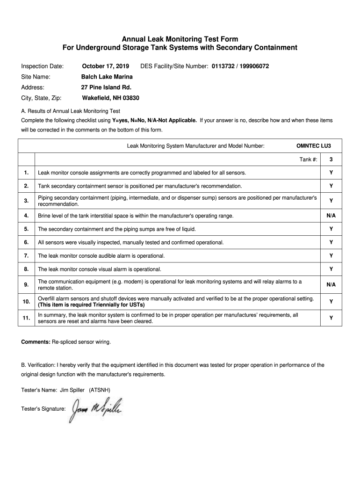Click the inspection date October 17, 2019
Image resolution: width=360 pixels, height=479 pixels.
[106, 66]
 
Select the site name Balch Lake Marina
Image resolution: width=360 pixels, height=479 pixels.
[107, 76]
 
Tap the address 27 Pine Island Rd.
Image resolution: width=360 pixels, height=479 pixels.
[106, 87]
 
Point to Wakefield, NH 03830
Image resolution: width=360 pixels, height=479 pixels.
[110, 98]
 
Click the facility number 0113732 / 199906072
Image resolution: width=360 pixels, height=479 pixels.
[240, 66]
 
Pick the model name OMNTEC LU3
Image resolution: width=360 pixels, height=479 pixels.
[313, 145]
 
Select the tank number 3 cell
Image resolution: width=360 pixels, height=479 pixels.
[331, 160]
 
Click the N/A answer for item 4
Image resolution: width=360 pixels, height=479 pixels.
[331, 216]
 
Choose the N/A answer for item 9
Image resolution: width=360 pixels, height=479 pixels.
[331, 284]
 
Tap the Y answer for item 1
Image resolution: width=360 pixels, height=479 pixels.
[331, 173]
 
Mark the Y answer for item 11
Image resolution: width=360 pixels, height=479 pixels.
[331, 318]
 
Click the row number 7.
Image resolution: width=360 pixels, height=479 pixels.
[26, 256]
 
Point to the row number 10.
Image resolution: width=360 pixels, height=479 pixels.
[26, 301]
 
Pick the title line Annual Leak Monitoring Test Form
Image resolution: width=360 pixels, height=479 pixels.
[180, 39]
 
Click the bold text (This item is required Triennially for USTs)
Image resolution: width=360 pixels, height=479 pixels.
[91, 305]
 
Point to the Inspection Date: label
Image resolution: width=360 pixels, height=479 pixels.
[42, 66]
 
